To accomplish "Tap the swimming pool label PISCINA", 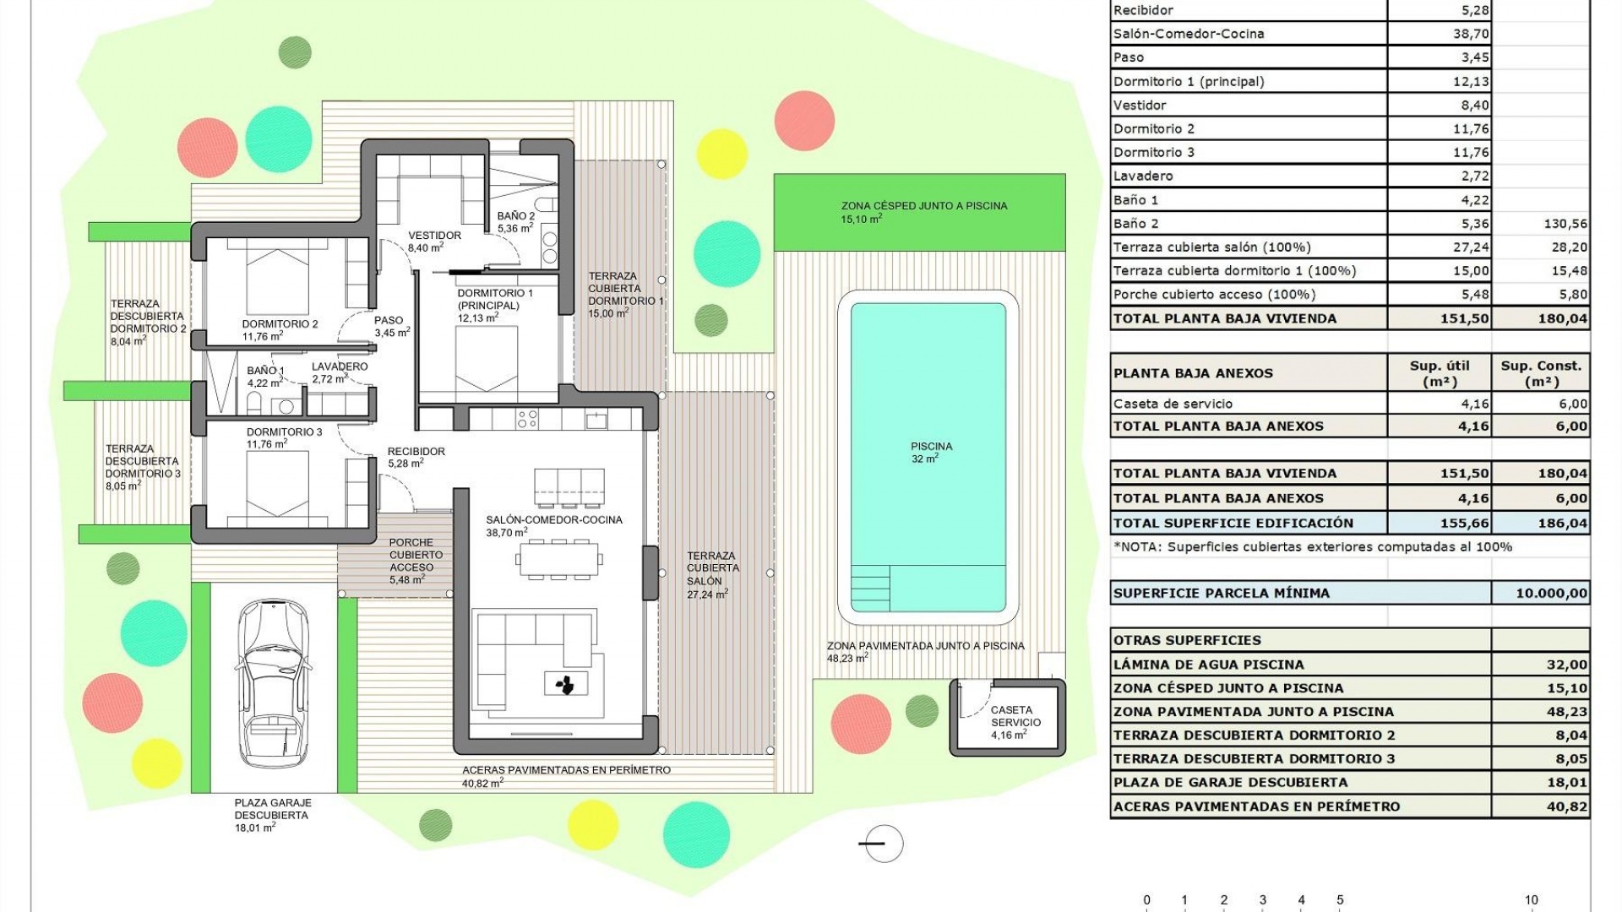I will click(x=931, y=447).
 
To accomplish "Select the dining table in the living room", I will click(x=558, y=560).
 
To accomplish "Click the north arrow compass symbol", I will click(x=883, y=843).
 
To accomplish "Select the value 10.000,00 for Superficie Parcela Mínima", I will click(x=1551, y=593).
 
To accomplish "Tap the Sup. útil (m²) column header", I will click(x=1440, y=373).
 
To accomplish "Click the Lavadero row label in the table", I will click(x=1143, y=176).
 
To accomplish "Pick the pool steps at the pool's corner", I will click(x=870, y=588).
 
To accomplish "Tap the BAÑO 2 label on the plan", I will click(x=515, y=216).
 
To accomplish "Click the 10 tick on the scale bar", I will click(x=1531, y=900).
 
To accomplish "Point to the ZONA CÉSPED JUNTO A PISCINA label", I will click(x=923, y=206).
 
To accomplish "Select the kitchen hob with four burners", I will click(x=527, y=419).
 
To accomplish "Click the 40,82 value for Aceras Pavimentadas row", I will click(x=1566, y=806).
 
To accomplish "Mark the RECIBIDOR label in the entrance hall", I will click(x=416, y=452).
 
